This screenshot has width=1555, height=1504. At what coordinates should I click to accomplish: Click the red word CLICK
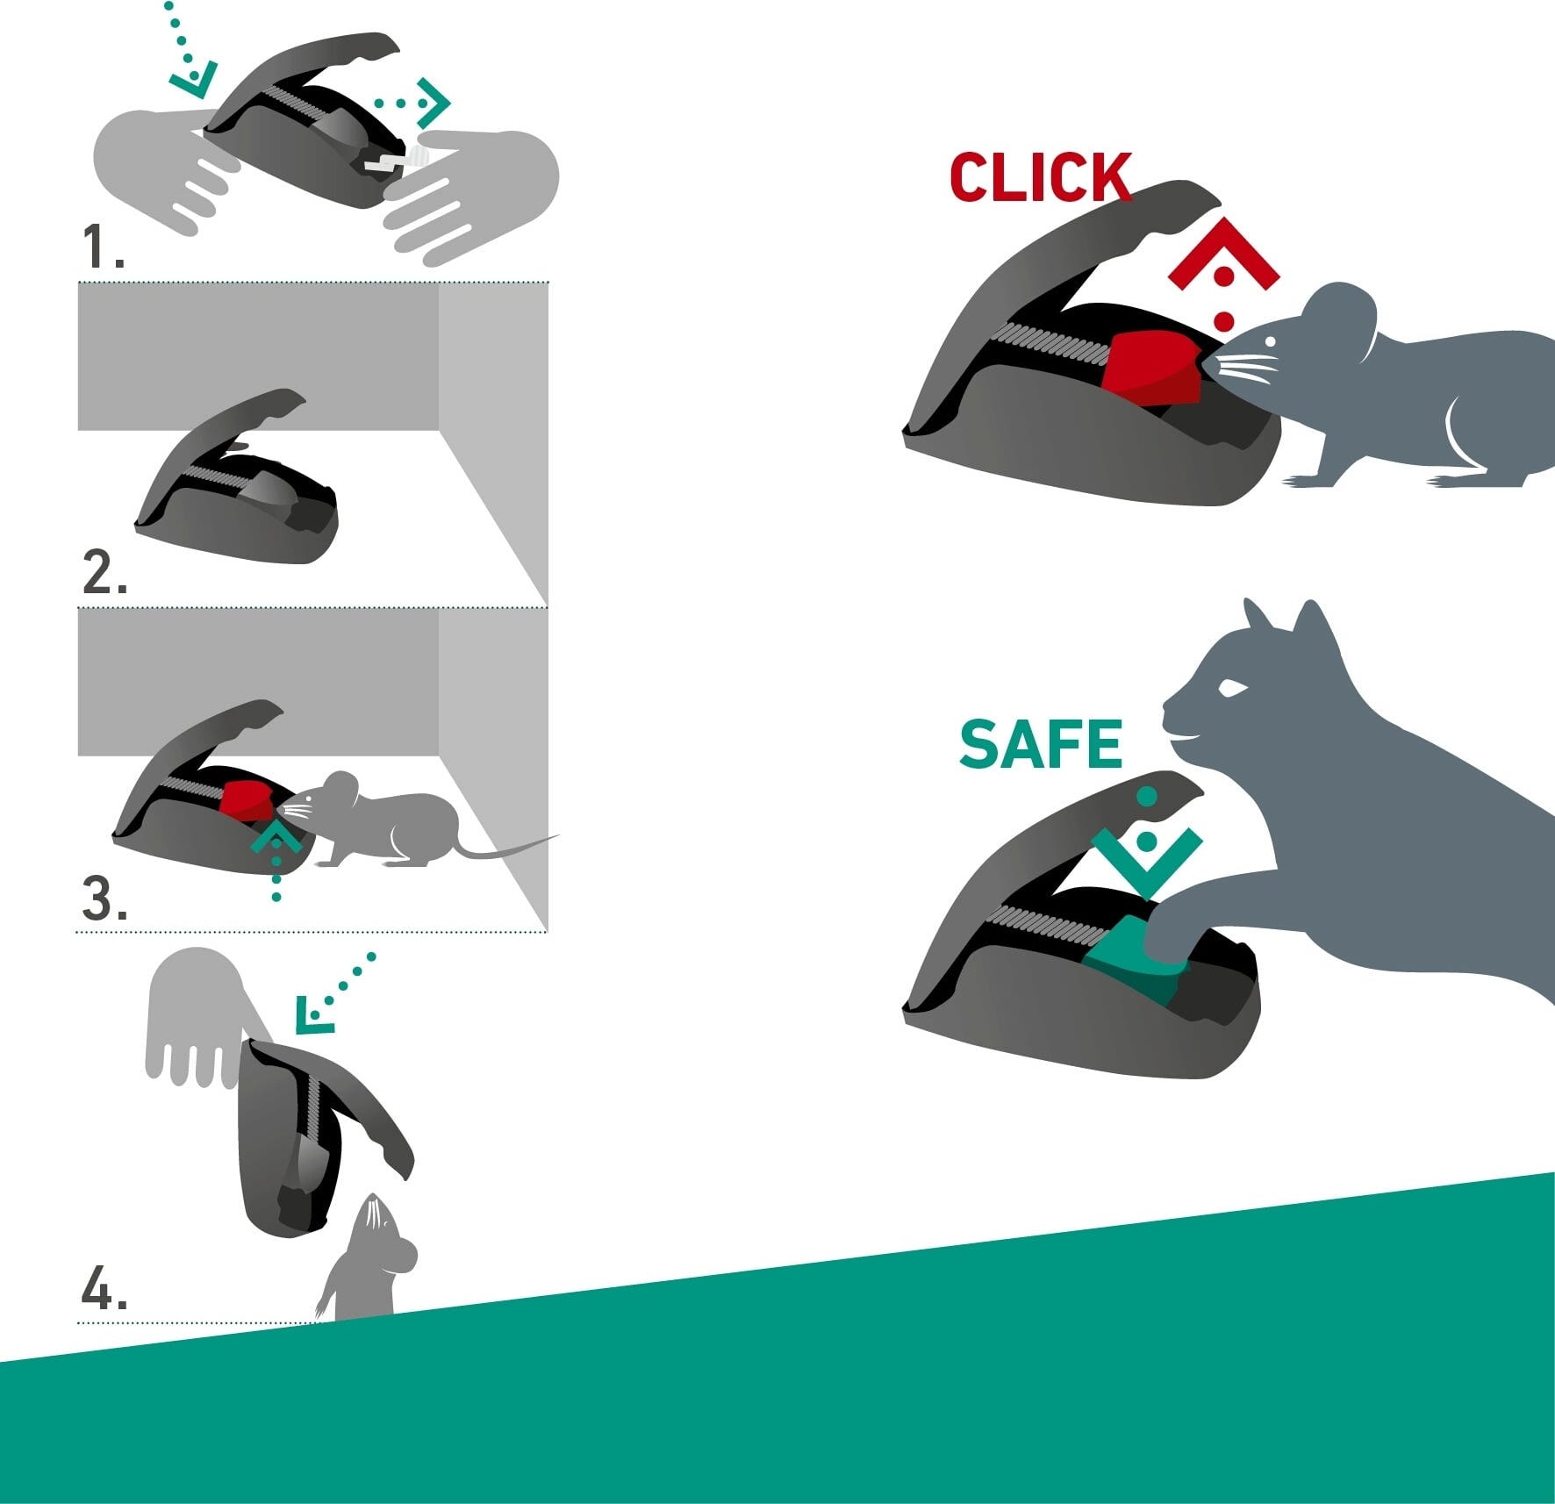click(1041, 177)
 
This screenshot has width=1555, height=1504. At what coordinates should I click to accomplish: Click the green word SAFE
click(1041, 744)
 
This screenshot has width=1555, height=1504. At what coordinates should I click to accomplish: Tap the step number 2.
click(104, 573)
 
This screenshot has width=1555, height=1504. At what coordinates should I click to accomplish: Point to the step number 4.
click(104, 1291)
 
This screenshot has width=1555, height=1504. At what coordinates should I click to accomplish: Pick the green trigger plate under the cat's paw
click(1132, 963)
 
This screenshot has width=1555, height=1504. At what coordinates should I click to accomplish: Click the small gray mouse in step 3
click(417, 820)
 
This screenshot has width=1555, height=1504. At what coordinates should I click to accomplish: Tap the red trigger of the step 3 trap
click(248, 799)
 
